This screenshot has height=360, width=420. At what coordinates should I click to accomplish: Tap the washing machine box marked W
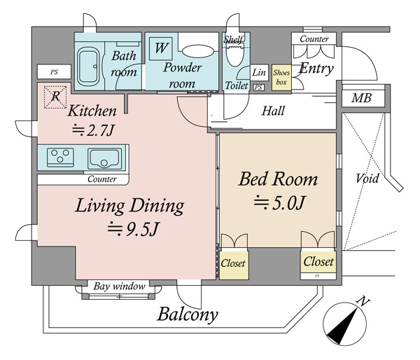point(161,48)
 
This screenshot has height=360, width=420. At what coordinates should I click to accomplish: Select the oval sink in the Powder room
point(198,51)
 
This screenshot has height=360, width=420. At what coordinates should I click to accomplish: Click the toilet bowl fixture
point(235,55)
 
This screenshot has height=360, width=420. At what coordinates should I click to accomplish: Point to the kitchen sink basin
point(104,158)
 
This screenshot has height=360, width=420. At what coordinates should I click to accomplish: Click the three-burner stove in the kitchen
point(60,157)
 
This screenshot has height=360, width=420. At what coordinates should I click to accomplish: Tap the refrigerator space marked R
point(55,97)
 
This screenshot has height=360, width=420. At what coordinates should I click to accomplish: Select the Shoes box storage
point(281,78)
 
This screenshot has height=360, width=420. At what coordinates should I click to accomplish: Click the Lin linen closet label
point(259,72)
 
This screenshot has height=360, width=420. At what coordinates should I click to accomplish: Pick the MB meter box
point(362,98)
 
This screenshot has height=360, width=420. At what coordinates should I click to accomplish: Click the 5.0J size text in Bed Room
point(279,202)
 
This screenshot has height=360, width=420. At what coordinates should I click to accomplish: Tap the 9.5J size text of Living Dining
point(133,229)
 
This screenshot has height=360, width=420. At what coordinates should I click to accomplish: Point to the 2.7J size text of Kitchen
point(94,130)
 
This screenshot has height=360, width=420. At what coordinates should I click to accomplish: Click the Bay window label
point(120,286)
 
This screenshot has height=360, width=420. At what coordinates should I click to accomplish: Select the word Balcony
point(188,314)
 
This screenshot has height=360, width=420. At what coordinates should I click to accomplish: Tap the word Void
point(367,179)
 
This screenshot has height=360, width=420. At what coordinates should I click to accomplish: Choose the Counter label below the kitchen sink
point(102,179)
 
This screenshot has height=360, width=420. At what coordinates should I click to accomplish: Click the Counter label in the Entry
point(314,39)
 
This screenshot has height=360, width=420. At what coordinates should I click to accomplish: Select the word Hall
point(273,111)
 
